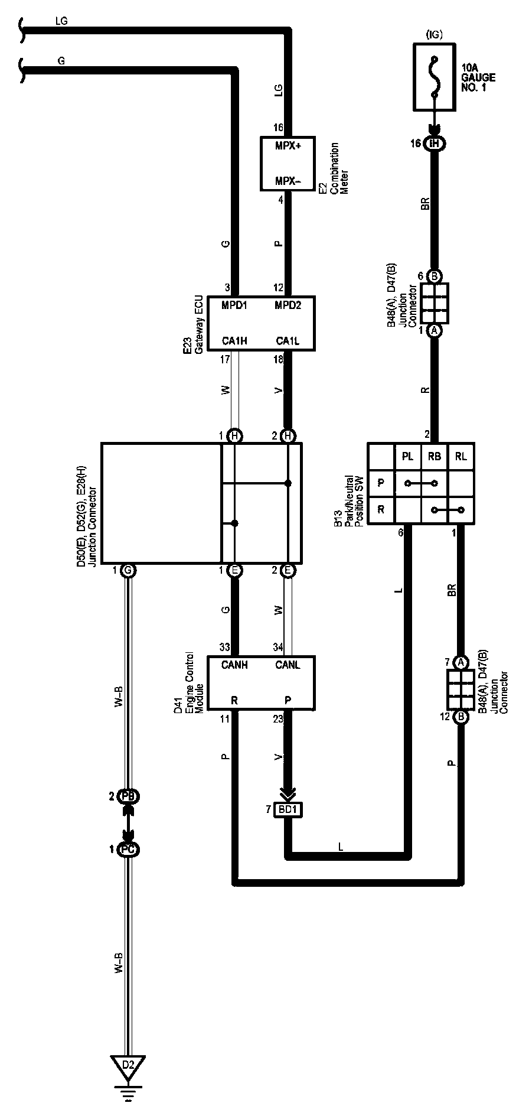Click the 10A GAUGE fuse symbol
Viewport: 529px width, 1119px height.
point(435,77)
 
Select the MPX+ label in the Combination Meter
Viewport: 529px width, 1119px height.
point(288,145)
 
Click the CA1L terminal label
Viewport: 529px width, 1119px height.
point(288,341)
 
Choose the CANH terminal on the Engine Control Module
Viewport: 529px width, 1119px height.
point(234,665)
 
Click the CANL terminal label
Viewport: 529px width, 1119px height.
point(288,665)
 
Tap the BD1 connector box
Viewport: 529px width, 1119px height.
point(288,809)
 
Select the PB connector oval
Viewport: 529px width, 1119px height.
point(128,796)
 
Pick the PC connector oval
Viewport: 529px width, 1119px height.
point(128,850)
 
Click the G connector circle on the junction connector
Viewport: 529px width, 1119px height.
point(128,571)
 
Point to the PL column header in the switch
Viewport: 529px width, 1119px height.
point(407,456)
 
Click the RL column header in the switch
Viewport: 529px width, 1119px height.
point(461,456)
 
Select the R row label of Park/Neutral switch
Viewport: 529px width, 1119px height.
point(381,509)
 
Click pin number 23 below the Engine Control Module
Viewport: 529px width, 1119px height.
point(278,719)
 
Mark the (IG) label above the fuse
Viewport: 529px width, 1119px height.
point(434,35)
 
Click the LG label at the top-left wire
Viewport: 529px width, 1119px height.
point(61,21)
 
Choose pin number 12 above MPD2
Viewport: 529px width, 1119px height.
point(279,288)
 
